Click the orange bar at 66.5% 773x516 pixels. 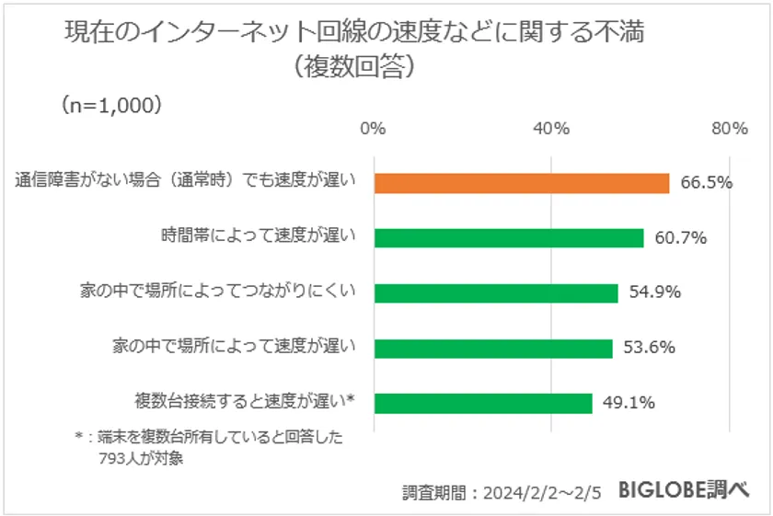[x=521, y=183]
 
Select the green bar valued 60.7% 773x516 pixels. [x=508, y=238]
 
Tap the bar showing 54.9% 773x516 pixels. [x=495, y=293]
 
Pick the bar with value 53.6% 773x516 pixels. [x=492, y=349]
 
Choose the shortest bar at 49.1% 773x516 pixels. [x=482, y=404]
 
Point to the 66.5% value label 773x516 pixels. [x=706, y=182]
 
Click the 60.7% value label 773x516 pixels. [x=680, y=238]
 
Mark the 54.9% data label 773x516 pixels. [x=654, y=293]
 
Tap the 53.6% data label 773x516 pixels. [x=651, y=348]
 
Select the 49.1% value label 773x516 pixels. [x=629, y=403]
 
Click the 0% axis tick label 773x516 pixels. [x=373, y=129]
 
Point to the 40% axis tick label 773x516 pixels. [x=550, y=129]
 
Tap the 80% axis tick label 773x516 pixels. [x=728, y=129]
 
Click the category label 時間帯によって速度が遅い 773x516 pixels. [x=257, y=237]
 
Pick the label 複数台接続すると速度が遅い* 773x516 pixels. [x=244, y=402]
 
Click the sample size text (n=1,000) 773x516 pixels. [x=112, y=104]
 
